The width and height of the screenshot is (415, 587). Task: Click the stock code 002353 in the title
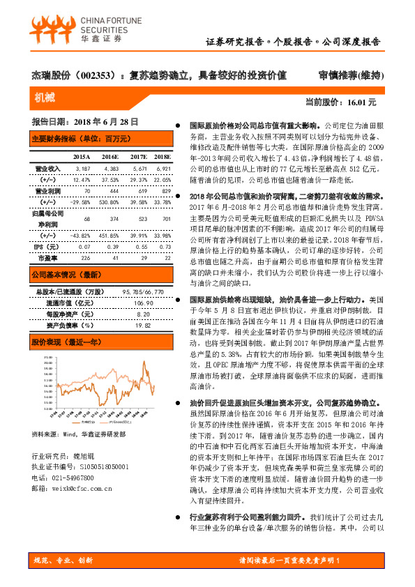click(x=94, y=75)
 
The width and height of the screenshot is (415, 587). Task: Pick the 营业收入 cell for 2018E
click(x=163, y=169)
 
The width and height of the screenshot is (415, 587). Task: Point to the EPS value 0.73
click(x=163, y=247)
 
